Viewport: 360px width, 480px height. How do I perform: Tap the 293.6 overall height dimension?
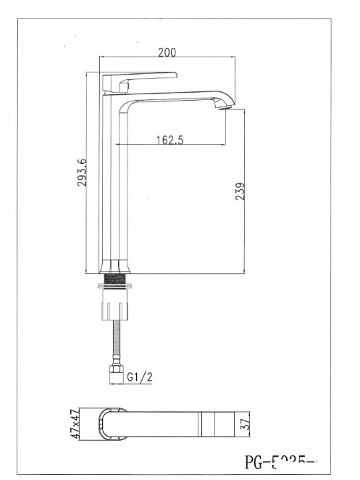83,173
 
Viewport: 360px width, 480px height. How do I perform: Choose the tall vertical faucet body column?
117,181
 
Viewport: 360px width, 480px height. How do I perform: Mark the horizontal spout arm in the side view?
174,96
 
